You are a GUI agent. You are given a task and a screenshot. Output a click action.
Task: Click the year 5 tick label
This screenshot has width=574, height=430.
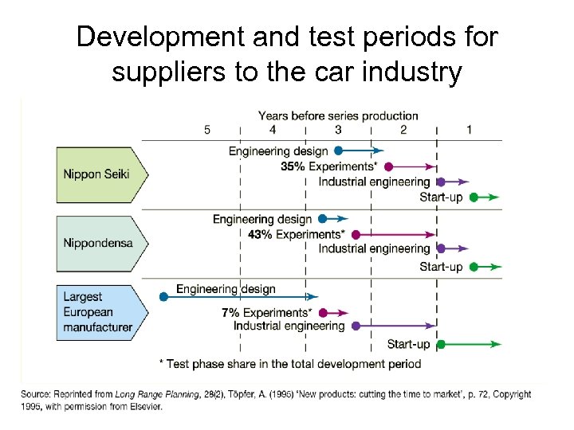pos(207,130)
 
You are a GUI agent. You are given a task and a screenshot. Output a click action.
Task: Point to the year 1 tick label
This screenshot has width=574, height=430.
pos(469,130)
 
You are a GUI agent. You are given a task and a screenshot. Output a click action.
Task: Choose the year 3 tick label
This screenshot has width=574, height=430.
pos(338,130)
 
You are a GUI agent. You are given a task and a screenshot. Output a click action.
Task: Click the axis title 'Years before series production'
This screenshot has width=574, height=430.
pos(338,116)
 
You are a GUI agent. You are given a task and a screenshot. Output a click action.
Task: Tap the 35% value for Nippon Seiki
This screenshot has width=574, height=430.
pos(292,166)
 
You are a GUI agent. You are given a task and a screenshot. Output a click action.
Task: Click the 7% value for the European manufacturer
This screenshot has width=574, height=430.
pos(230,313)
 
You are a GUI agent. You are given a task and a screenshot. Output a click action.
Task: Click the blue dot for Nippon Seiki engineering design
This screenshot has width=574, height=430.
pos(339,150)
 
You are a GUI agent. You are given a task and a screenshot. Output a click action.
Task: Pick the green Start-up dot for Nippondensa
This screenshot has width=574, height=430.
pos(473,267)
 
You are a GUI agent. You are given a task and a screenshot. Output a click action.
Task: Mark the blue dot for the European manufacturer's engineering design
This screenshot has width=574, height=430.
pos(163,296)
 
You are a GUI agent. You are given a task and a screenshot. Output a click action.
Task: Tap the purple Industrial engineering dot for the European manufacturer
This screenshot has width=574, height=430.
pos(356,326)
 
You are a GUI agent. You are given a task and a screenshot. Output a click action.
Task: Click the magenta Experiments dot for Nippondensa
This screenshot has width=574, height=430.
pos(356,235)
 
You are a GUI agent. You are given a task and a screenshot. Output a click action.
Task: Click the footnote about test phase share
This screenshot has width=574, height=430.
pos(290,363)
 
